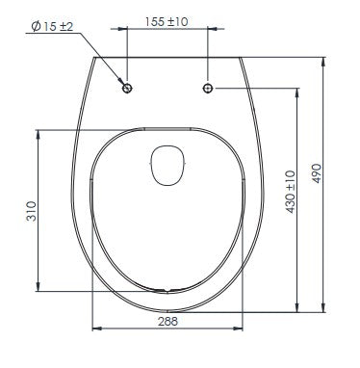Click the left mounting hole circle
[x=129, y=89]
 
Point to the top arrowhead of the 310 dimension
[x=38, y=131]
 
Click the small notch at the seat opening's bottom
[x=169, y=288]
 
